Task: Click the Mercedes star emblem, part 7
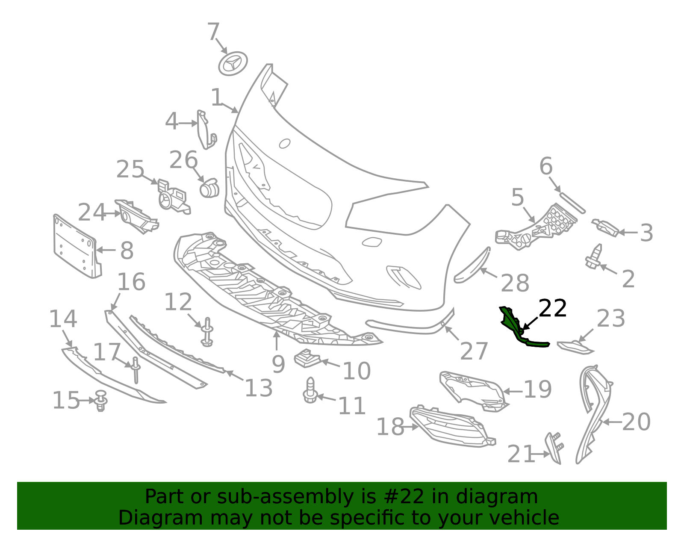point(233,64)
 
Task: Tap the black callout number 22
point(553,308)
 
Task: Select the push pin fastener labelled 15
point(101,400)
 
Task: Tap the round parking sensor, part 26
point(209,188)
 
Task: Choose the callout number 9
point(278,364)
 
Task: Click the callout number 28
point(515,283)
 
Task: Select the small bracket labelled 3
point(605,227)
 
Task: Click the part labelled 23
point(575,348)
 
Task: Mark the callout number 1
point(217,97)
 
